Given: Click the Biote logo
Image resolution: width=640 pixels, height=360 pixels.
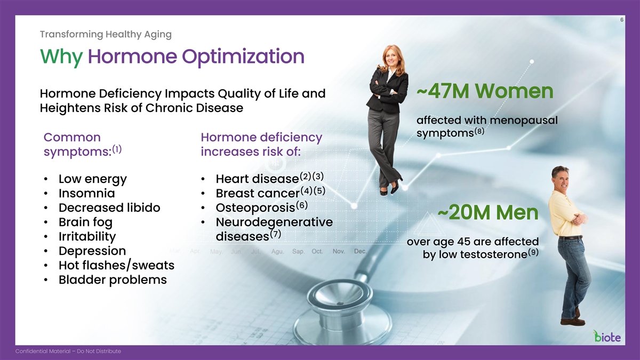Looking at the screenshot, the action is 607,337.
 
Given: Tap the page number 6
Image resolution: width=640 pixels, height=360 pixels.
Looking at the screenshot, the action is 622,20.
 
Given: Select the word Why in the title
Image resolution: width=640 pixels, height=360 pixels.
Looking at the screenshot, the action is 61,57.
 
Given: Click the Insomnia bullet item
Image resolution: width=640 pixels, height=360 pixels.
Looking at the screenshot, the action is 87,194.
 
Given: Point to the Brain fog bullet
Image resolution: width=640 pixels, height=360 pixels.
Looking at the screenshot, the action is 85,222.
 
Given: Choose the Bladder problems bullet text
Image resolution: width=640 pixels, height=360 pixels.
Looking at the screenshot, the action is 113,279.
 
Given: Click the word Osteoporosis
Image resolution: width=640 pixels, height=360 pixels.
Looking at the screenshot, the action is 255,207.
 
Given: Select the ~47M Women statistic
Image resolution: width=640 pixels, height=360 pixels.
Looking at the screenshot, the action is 485,91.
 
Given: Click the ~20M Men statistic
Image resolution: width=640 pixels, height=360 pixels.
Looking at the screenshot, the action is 488,212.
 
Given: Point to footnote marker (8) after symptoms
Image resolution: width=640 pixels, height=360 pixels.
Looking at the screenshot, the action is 479,131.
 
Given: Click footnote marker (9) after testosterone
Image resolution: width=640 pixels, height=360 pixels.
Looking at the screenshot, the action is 533,252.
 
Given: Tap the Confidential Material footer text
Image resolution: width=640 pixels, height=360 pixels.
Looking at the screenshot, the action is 68,351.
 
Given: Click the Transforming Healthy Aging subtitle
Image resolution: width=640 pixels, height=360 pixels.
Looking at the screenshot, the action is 106,34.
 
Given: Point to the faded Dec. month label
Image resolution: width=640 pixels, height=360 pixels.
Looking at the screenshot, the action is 361,251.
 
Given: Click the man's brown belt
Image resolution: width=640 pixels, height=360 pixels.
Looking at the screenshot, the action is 570,237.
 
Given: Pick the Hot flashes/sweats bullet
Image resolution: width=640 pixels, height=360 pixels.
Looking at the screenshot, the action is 116,266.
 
